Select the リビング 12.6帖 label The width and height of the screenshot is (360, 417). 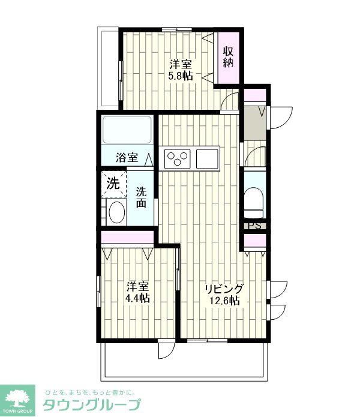point(224,295)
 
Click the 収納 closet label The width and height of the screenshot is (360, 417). point(229,56)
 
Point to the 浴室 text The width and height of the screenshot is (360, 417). point(127,158)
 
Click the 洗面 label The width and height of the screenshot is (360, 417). point(141,197)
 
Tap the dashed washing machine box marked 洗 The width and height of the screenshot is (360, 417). point(114,184)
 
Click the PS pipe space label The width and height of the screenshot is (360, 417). point(254,226)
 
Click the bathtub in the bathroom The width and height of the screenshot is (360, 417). point(127,130)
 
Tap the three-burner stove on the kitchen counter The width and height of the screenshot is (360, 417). point(178,159)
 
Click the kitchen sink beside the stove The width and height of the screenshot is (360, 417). point(208,159)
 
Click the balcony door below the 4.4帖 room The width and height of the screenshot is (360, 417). point(167,350)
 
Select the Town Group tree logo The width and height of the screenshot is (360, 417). point(17,398)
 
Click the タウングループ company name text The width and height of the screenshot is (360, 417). point(91,405)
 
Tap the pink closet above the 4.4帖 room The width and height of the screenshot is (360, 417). point(127,237)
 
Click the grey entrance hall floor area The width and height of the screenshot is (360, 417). point(255,123)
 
